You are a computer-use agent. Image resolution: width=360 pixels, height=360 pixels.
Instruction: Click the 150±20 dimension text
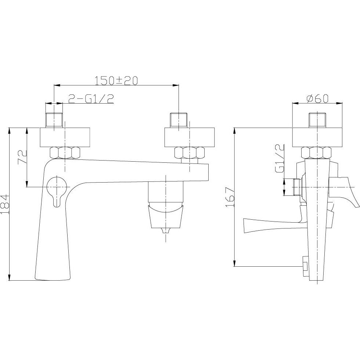coord(116,80)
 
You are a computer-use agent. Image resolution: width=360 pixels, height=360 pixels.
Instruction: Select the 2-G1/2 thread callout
coord(91,99)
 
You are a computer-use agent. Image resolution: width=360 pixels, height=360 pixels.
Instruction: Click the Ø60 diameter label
coord(318,98)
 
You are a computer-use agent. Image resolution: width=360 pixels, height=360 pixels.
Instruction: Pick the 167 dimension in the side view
coord(230,197)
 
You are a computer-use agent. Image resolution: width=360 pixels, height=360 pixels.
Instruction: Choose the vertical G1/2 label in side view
coord(280,158)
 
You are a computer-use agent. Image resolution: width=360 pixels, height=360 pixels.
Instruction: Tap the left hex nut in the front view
coord(65,153)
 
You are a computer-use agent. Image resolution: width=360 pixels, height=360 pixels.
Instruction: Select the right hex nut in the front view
coord(190,153)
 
